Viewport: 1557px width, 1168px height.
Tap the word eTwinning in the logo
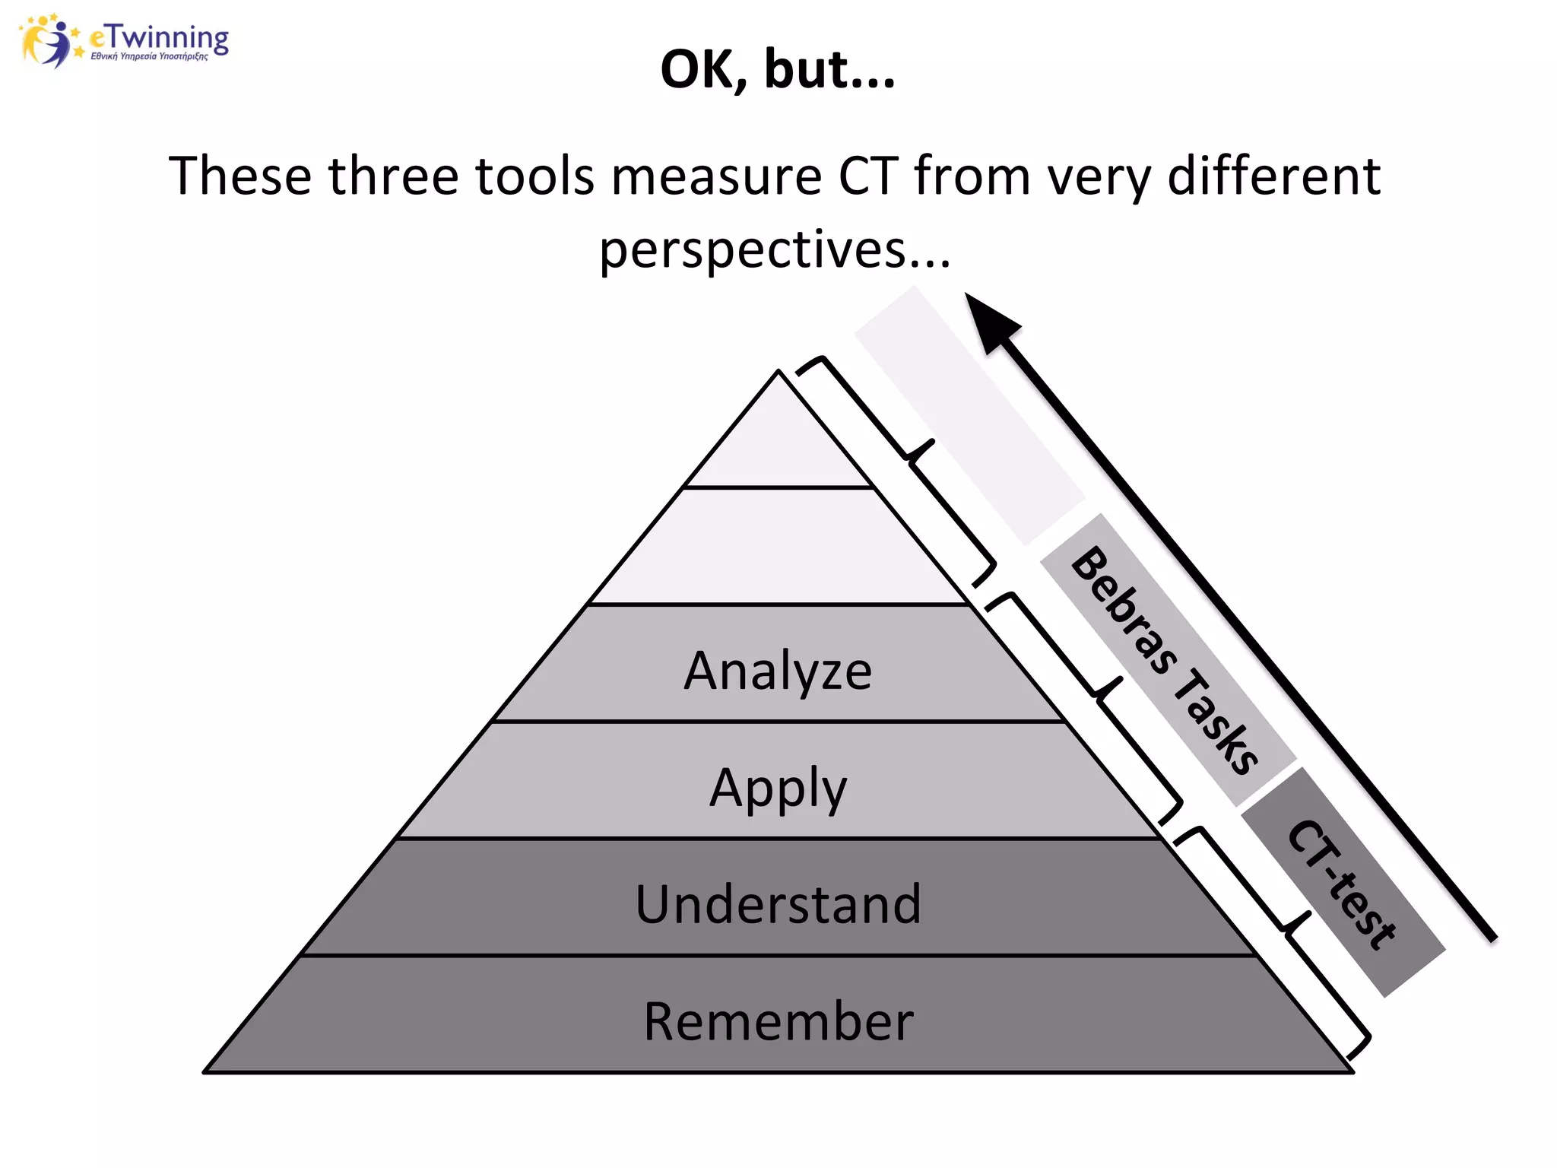pos(159,36)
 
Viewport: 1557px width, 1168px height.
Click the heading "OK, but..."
pos(778,69)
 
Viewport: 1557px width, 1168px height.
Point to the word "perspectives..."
pos(775,249)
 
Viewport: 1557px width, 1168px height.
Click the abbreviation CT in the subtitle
pos(867,176)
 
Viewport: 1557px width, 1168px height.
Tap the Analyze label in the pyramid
pos(778,671)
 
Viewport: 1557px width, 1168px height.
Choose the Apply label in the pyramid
pos(778,788)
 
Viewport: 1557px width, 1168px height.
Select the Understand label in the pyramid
pos(778,904)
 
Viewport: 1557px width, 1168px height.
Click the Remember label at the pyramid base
pos(778,1021)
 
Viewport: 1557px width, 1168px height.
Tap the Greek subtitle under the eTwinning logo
pos(149,56)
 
